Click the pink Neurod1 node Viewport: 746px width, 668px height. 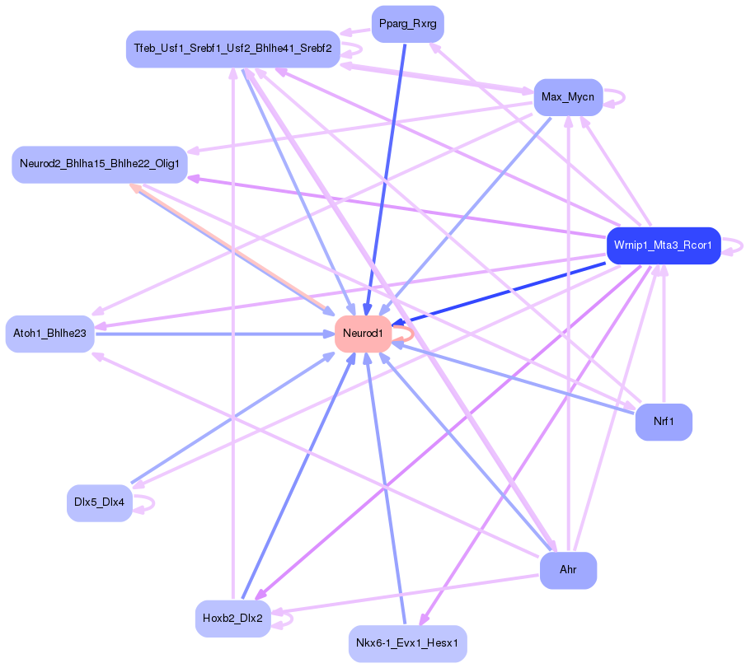tap(363, 334)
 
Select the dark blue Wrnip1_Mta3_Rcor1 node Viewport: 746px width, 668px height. tap(663, 245)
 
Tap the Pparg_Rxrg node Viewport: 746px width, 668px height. tap(407, 24)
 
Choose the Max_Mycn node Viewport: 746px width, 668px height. tap(567, 97)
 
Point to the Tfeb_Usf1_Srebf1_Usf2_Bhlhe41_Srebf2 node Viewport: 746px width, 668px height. tap(232, 49)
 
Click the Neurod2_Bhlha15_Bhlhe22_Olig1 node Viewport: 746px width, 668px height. tap(99, 165)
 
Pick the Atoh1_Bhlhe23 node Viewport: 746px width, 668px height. tap(49, 334)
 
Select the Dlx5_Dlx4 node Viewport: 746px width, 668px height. tap(99, 503)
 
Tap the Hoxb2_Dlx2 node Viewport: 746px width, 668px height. tap(232, 618)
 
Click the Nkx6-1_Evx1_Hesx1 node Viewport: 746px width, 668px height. tap(408, 643)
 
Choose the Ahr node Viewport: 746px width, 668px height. tap(568, 570)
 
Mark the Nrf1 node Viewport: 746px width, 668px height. tap(664, 422)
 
